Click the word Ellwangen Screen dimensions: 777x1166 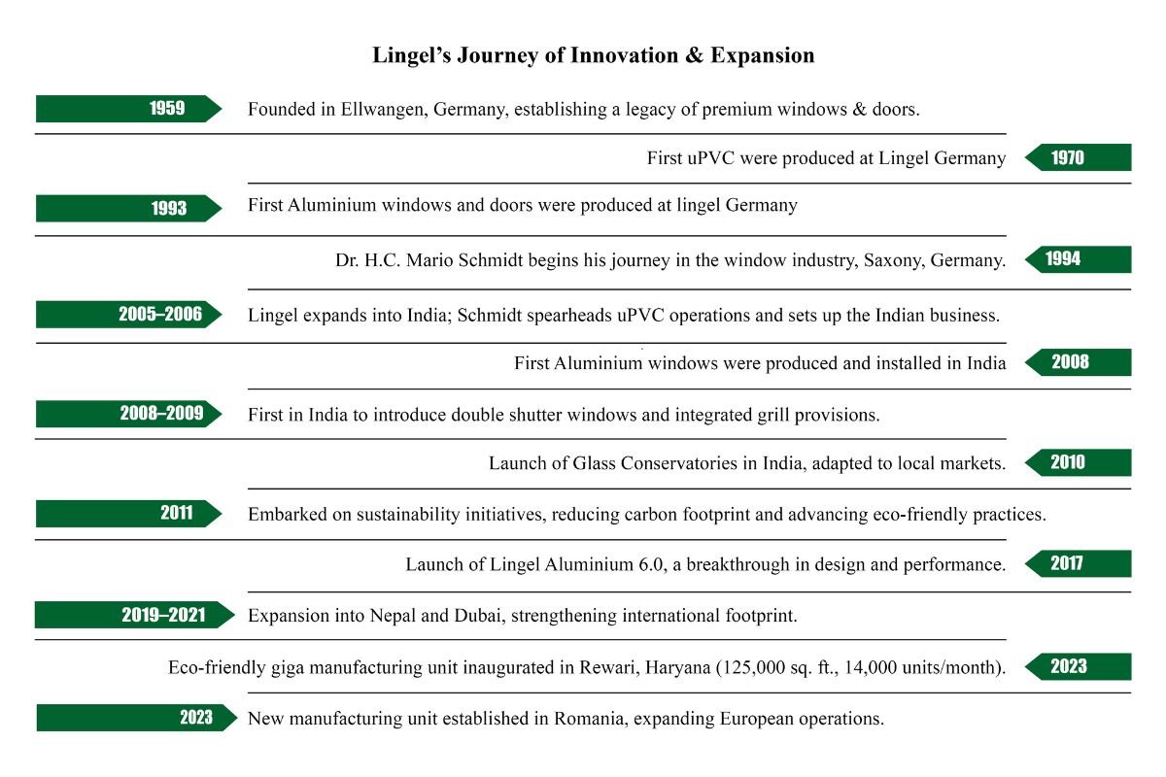click(380, 110)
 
